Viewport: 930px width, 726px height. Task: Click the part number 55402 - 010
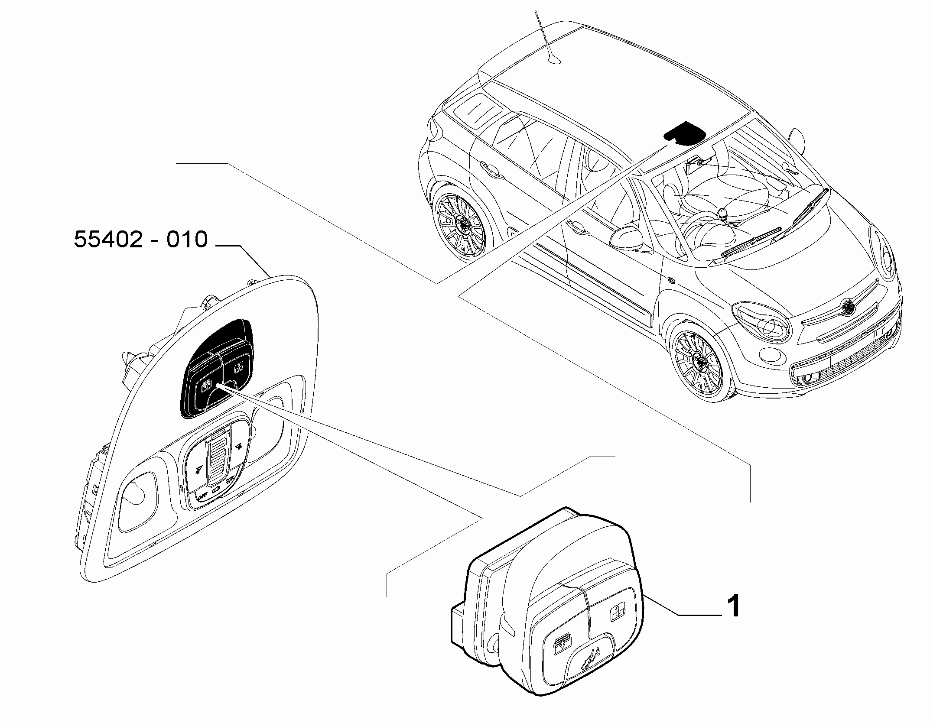coord(141,240)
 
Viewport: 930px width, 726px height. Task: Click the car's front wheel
coord(698,361)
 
